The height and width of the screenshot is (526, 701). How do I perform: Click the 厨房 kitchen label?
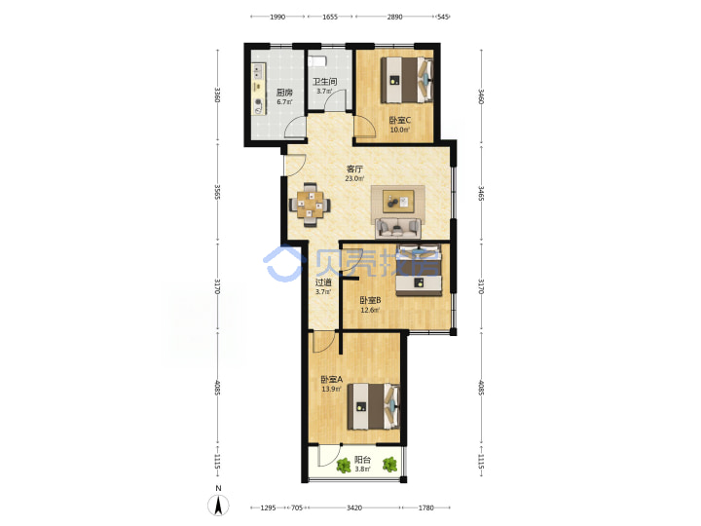[x=284, y=93]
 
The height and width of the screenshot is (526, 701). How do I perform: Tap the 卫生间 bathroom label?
[x=324, y=82]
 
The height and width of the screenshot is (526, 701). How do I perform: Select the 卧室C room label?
[x=400, y=120]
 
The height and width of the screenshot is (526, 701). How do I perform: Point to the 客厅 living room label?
[x=354, y=169]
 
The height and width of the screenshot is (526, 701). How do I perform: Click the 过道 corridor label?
[x=323, y=282]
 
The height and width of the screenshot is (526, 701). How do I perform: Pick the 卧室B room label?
[x=370, y=300]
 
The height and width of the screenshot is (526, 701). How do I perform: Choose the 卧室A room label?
[x=331, y=379]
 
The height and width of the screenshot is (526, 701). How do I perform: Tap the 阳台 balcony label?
[x=362, y=460]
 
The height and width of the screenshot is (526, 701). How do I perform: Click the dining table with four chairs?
[x=310, y=205]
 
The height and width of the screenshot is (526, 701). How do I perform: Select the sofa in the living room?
[x=397, y=228]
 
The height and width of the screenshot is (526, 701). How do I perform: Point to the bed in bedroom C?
[x=407, y=80]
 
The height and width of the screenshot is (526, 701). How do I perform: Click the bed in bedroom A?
[x=373, y=406]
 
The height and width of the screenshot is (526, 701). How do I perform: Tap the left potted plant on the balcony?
[x=344, y=466]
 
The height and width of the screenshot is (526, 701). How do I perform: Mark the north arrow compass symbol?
[x=218, y=506]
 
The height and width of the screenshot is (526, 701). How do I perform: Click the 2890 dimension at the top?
[x=394, y=17]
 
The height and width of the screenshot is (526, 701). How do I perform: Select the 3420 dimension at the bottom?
[x=354, y=507]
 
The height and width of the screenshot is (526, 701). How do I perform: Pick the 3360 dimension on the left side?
[x=218, y=94]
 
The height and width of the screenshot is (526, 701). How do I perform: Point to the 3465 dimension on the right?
[x=481, y=193]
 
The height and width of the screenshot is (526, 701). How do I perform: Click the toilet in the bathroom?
[x=317, y=60]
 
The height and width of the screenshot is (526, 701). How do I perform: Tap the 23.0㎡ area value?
[x=354, y=178]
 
